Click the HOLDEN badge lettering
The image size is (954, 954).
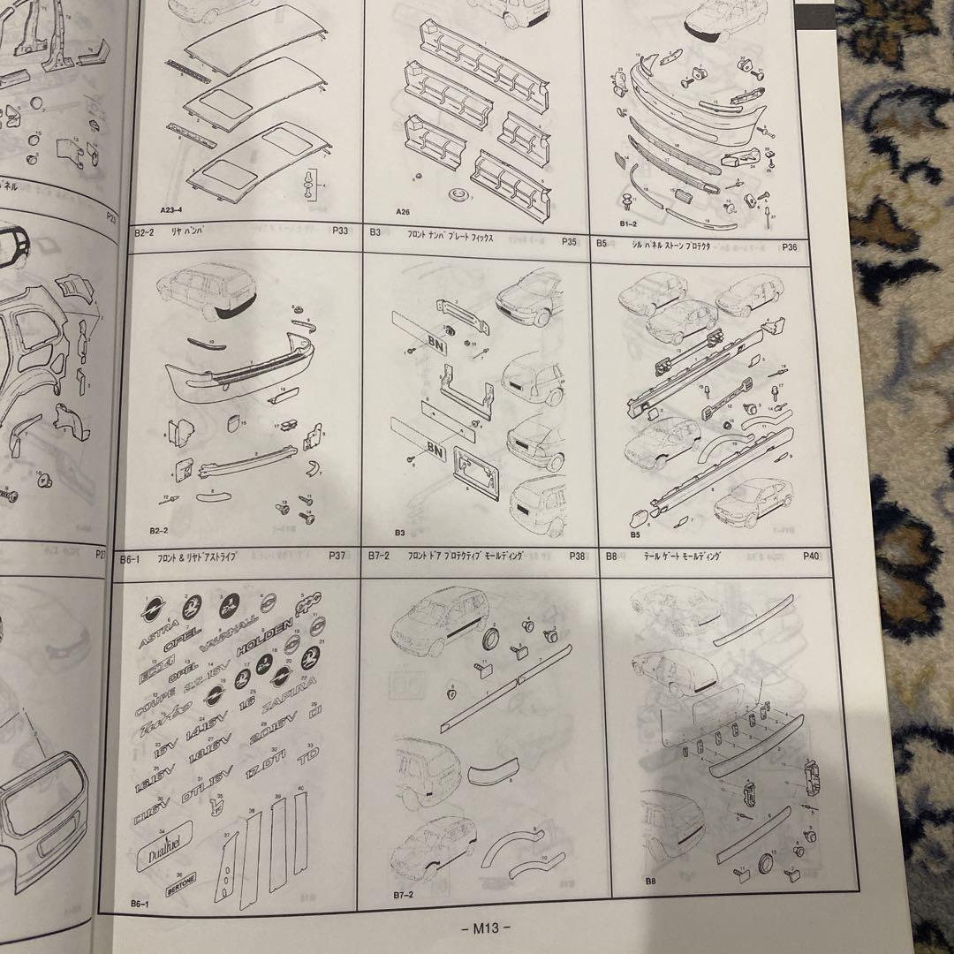(x=262, y=632)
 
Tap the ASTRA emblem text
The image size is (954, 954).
(x=158, y=636)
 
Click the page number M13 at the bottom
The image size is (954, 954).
(x=486, y=927)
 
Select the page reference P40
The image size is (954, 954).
(x=812, y=556)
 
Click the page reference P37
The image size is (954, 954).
(x=336, y=556)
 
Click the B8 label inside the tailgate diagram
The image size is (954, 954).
(x=650, y=881)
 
